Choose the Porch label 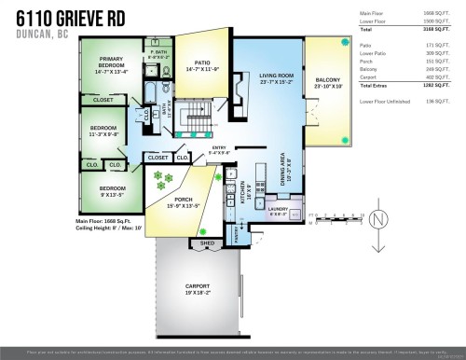point(173,202)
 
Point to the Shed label point(208,242)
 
